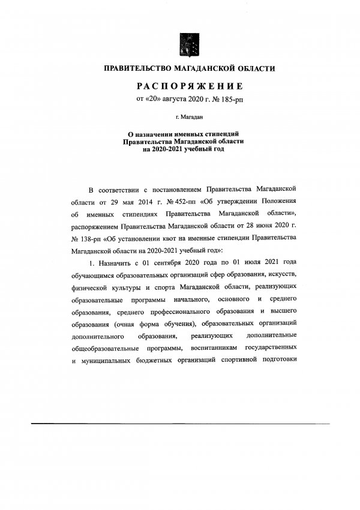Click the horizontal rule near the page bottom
click(x=179, y=424)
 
